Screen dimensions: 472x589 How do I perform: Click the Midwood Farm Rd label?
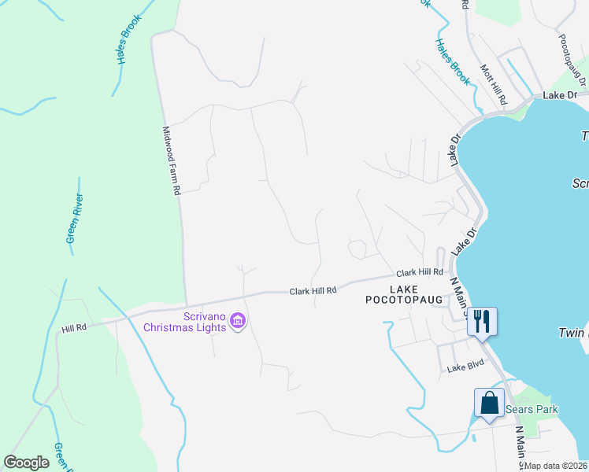pyautogui.click(x=172, y=160)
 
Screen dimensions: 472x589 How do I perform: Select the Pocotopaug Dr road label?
pyautogui.click(x=572, y=58)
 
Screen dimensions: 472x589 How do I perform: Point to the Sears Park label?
pyautogui.click(x=532, y=409)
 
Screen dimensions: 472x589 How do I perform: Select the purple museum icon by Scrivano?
pyautogui.click(x=239, y=321)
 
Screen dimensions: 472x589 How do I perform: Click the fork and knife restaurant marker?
pyautogui.click(x=482, y=320)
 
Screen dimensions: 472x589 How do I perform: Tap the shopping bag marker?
pyautogui.click(x=489, y=403)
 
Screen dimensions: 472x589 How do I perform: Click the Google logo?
pyautogui.click(x=26, y=463)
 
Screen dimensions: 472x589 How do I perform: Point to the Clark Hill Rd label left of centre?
pyautogui.click(x=313, y=290)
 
